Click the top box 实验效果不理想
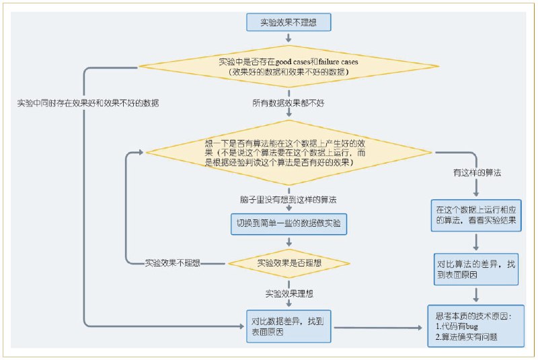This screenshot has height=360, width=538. pyautogui.click(x=289, y=22)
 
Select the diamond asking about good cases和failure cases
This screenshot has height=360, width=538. pyautogui.click(x=289, y=66)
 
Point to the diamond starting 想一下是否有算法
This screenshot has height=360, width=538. pyautogui.click(x=289, y=153)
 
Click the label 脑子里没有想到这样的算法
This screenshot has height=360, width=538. pyautogui.click(x=289, y=200)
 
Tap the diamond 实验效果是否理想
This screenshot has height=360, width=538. pyautogui.click(x=289, y=262)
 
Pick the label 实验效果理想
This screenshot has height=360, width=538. pyautogui.click(x=289, y=293)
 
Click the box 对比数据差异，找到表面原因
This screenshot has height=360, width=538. pyautogui.click(x=289, y=326)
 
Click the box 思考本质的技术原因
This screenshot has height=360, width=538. pyautogui.click(x=475, y=326)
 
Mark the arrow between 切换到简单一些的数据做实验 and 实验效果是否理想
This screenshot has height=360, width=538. pyautogui.click(x=289, y=242)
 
